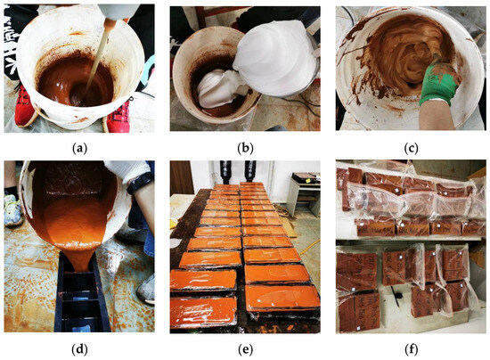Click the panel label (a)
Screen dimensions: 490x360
(x=79, y=149)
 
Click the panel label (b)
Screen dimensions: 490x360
(x=245, y=149)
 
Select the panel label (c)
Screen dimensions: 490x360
(x=411, y=149)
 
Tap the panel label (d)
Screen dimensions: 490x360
(x=79, y=349)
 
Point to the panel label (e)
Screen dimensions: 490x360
(x=245, y=349)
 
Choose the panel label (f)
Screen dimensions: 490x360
(x=411, y=349)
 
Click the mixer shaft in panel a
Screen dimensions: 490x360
(x=98, y=56)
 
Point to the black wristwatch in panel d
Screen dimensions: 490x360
(x=140, y=182)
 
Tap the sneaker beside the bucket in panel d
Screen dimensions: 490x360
(x=12, y=209)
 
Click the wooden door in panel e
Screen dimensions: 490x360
(x=182, y=177)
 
